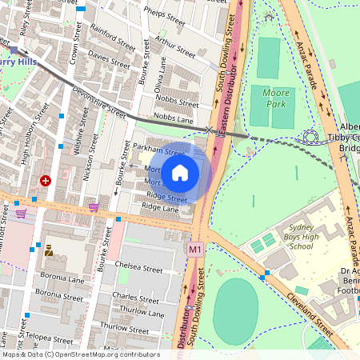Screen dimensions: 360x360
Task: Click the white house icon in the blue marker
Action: point(180,173)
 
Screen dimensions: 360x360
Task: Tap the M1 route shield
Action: point(195,250)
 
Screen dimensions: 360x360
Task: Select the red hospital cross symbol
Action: point(46,182)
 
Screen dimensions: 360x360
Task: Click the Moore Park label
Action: point(276,98)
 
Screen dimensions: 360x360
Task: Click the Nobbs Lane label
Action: point(174,119)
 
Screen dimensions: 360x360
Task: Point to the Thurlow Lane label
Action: point(142,310)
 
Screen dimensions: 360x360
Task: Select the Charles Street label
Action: point(135,298)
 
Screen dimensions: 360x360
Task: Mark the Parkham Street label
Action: point(158,150)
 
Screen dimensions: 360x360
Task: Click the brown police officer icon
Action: point(49,250)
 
